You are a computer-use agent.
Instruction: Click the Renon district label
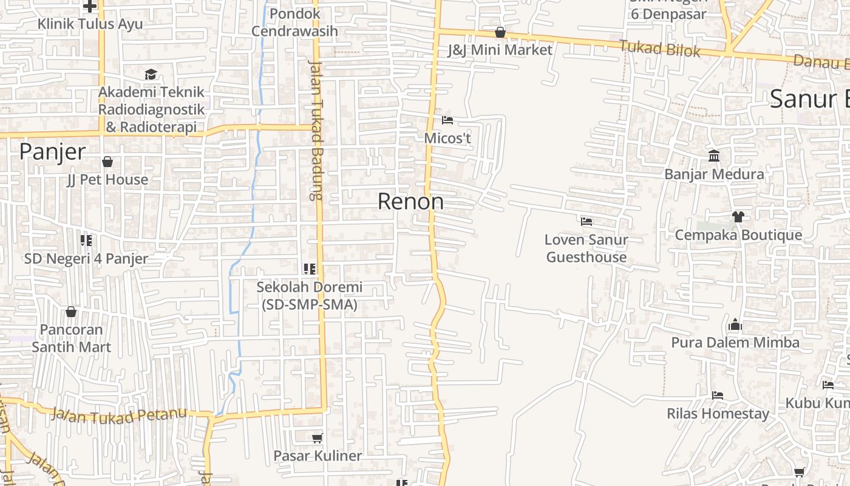click(410, 202)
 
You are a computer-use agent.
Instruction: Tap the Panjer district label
click(52, 152)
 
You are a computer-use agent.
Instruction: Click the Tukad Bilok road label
click(660, 48)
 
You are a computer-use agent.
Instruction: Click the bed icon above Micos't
click(447, 120)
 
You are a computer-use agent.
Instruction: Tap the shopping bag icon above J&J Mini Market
click(500, 32)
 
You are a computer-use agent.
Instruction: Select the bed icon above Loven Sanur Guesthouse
click(586, 222)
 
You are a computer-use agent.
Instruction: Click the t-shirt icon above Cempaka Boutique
click(738, 216)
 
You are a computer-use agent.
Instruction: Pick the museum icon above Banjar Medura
click(714, 156)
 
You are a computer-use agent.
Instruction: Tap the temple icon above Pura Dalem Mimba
click(735, 324)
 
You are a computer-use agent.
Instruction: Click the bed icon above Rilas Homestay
click(718, 395)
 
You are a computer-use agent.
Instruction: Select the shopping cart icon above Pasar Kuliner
click(317, 437)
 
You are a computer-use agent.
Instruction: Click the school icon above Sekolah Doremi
click(310, 269)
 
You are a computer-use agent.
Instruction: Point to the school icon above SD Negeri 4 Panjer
click(86, 241)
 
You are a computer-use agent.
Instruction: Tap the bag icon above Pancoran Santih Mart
click(71, 312)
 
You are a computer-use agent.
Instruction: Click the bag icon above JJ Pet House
click(107, 162)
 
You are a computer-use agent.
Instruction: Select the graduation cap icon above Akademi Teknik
click(151, 74)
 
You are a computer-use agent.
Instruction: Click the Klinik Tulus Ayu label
click(90, 24)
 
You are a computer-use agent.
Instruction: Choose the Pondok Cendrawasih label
click(294, 22)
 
